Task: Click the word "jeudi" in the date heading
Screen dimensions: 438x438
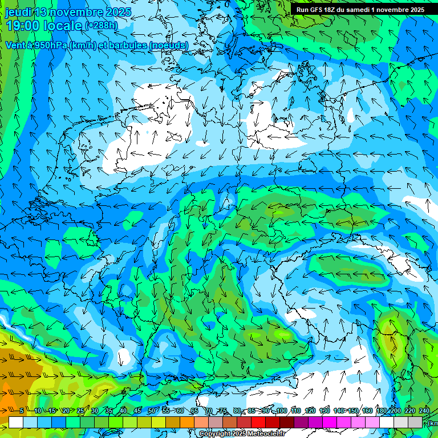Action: coord(19,12)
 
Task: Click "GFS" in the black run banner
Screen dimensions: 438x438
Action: coord(319,10)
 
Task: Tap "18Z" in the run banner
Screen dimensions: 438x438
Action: coord(335,10)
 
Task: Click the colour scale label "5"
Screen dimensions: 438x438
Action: coord(22,411)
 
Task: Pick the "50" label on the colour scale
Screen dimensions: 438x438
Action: coord(152,411)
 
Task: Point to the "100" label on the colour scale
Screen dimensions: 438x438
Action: coord(281,411)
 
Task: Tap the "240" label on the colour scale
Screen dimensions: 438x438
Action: coord(424,411)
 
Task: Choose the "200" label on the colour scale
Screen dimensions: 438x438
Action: coord(395,411)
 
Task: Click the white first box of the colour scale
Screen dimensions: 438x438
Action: coord(15,422)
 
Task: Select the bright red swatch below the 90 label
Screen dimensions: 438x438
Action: coord(258,422)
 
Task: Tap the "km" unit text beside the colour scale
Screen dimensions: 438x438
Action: coord(433,423)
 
